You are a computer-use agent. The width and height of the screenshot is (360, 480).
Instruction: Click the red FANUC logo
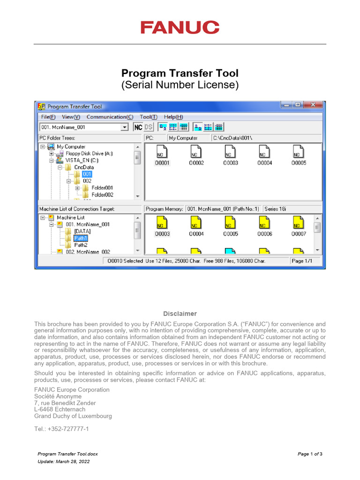click(180, 27)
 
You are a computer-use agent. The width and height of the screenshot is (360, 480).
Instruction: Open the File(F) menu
click(48, 117)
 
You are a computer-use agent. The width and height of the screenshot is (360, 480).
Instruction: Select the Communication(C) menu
click(110, 117)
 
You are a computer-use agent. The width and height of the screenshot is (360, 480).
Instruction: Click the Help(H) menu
click(173, 117)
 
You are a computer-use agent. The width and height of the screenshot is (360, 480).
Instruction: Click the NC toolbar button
click(138, 127)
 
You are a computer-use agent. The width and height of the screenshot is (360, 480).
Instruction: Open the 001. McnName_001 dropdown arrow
click(124, 127)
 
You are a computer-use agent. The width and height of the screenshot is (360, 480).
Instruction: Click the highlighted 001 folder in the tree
click(87, 174)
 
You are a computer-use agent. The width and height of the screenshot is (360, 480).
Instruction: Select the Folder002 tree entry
click(102, 195)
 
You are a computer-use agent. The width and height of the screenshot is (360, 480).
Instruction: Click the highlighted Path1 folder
click(81, 238)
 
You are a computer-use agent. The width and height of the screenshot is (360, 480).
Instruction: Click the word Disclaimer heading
click(180, 314)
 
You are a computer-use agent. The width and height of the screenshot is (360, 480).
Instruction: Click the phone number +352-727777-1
click(61, 429)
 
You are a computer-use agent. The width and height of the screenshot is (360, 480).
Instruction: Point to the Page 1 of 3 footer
click(310, 454)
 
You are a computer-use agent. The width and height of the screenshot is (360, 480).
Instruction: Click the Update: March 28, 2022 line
click(63, 462)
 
